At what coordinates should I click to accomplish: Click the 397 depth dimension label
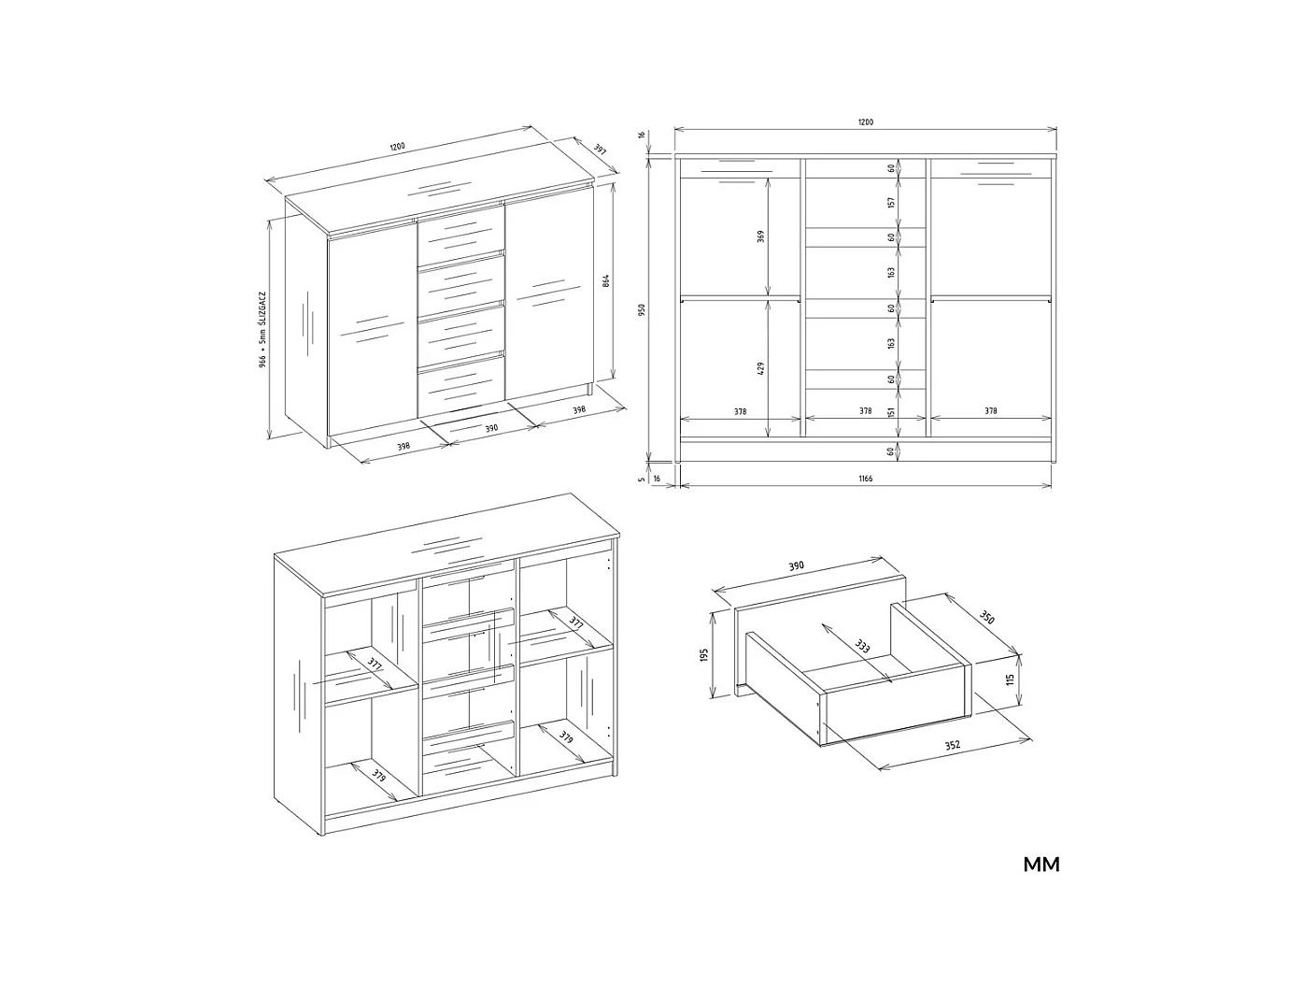click(600, 151)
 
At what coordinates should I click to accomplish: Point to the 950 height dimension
click(643, 309)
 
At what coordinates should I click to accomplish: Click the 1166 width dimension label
click(865, 479)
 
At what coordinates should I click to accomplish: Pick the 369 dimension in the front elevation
click(761, 237)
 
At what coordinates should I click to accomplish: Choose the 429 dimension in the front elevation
click(761, 368)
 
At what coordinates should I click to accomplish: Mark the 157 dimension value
click(892, 202)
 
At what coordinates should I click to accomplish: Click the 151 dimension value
click(892, 412)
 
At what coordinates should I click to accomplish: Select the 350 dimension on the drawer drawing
click(986, 618)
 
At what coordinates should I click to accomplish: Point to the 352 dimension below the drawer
click(952, 746)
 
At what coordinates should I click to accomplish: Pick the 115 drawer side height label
click(1010, 680)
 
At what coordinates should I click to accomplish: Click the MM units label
click(1041, 865)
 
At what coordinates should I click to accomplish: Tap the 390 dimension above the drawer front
click(797, 566)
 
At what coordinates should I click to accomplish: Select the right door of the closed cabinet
click(546, 299)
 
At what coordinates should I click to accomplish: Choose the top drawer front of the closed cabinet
click(461, 234)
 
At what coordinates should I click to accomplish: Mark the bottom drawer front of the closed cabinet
click(461, 386)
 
